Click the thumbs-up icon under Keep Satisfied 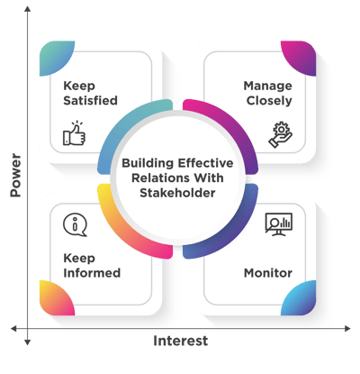tap(74, 133)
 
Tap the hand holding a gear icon tap(281, 134)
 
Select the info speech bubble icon tap(75, 224)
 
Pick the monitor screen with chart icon tap(279, 224)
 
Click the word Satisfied tap(90, 100)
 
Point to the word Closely tap(269, 101)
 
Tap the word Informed tap(92, 273)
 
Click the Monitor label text tap(268, 273)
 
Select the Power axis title tap(15, 175)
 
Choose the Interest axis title tap(180, 341)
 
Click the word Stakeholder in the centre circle tap(177, 193)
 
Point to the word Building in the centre tap(148, 163)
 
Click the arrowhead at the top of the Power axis tap(28, 9)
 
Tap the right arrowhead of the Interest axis tap(347, 328)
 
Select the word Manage tap(267, 86)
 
